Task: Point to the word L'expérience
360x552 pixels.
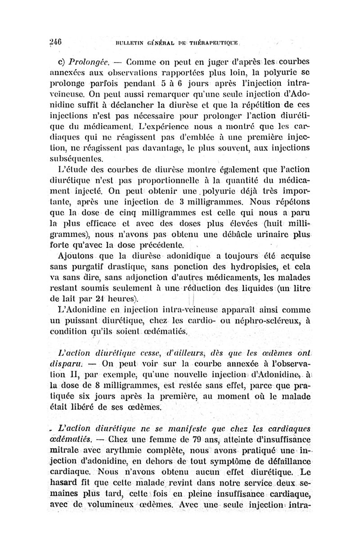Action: pos(164,123)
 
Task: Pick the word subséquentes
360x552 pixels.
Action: pos(79,159)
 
